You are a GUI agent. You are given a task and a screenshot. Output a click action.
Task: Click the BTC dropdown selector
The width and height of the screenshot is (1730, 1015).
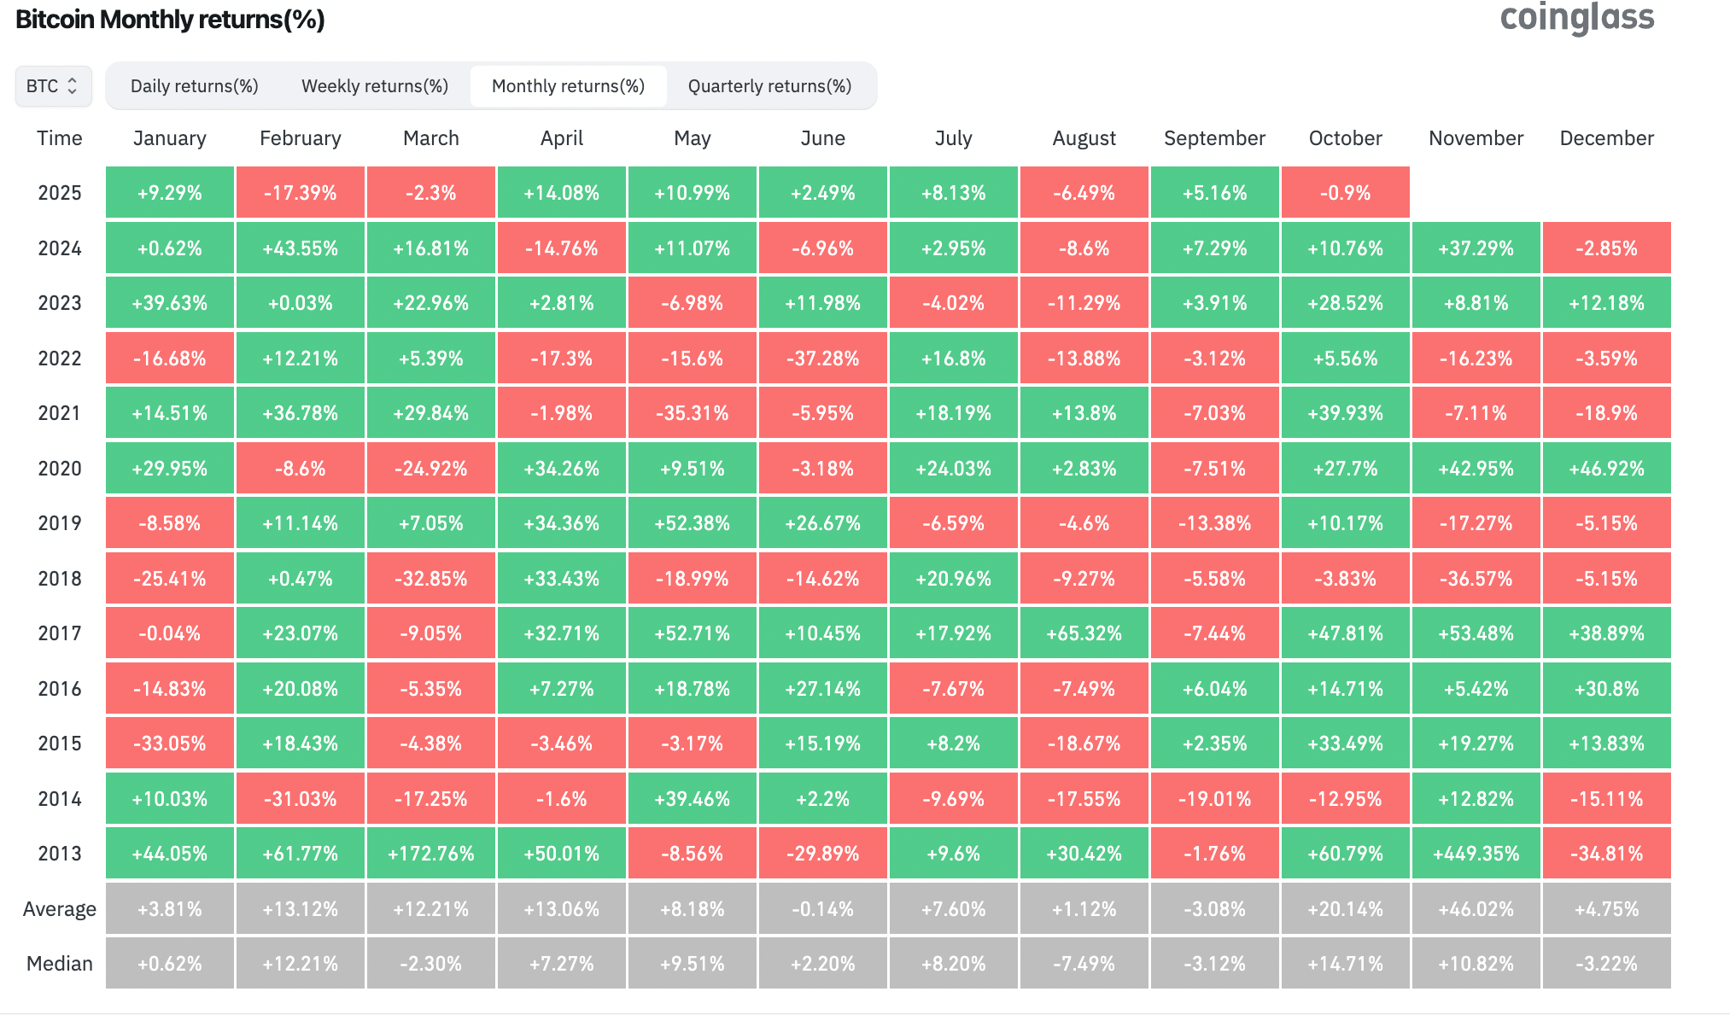tap(53, 86)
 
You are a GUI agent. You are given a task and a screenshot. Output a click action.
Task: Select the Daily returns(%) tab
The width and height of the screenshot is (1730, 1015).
tap(194, 86)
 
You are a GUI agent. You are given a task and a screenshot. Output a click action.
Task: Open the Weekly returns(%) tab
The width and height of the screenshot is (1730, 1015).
tap(375, 86)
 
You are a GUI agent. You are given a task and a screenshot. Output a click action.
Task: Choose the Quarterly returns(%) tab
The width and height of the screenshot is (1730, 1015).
tap(769, 86)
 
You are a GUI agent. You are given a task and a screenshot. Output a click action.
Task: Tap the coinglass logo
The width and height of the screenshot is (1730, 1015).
tap(1576, 18)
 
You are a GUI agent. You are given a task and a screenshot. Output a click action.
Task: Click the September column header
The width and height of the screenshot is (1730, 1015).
tap(1214, 138)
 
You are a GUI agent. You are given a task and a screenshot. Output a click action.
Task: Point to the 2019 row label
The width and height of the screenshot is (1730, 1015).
tap(60, 523)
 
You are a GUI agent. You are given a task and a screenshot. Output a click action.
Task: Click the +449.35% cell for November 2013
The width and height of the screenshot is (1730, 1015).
tap(1476, 854)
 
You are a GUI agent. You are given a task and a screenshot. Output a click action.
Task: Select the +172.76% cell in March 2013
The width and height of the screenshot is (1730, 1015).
tap(430, 854)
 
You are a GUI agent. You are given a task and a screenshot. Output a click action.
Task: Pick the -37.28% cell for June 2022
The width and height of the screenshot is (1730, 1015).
tap(822, 359)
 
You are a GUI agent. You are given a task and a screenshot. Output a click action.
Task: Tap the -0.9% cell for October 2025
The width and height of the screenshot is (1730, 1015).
tap(1345, 193)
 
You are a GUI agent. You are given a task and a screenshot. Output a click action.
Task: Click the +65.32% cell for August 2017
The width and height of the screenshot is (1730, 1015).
tap(1084, 633)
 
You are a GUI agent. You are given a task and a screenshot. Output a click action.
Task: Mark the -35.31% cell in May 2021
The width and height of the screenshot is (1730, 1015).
tap(692, 413)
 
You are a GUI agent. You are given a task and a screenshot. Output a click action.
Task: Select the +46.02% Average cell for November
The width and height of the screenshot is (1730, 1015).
tap(1476, 909)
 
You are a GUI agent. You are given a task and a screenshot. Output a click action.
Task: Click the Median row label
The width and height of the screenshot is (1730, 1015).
tap(60, 964)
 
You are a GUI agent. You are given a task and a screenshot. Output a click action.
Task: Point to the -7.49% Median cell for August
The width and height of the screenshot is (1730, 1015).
tap(1084, 964)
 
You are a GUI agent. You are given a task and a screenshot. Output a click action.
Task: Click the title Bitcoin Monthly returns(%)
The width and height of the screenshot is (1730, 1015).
tap(170, 20)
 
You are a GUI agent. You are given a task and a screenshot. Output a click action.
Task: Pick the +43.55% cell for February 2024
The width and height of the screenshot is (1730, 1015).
tap(300, 248)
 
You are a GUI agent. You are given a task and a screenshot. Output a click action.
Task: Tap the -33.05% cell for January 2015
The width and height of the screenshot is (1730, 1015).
tap(169, 744)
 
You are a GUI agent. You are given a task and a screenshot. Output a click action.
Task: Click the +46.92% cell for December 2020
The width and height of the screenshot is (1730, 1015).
tap(1606, 469)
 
